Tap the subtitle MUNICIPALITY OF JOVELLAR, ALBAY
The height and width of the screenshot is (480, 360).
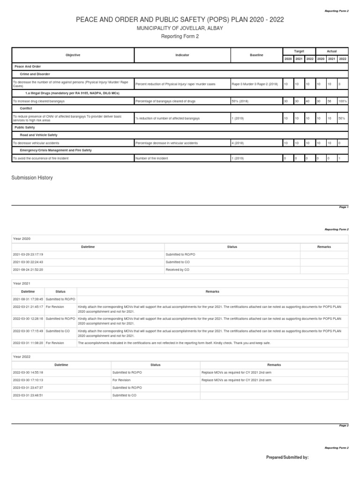180,28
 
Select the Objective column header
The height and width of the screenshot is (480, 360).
73,55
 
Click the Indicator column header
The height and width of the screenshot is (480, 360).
182,55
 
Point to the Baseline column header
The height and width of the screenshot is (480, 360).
256,55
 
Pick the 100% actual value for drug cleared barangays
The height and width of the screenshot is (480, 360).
342,101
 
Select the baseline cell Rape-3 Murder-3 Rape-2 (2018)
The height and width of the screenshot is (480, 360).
255,84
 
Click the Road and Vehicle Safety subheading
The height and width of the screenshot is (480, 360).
38,135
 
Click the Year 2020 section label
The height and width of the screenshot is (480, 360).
22,239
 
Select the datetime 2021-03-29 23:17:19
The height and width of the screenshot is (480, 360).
29,254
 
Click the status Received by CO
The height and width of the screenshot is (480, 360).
178,270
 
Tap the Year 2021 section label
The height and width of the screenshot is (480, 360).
22,284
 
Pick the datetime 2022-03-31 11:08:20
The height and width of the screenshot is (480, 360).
28,343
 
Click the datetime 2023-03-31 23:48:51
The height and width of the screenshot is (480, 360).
29,395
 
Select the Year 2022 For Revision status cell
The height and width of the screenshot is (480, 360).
121,380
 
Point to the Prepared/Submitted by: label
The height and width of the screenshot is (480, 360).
287,457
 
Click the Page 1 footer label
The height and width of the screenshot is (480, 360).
344,207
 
